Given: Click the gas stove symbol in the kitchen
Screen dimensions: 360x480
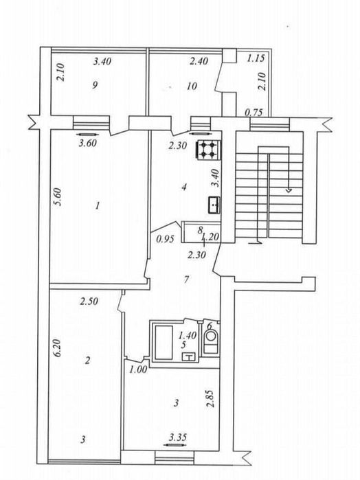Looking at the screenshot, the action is point(207,149).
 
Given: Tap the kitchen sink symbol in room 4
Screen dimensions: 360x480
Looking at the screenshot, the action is point(214,205).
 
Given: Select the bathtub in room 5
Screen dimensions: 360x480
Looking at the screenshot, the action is point(164,342).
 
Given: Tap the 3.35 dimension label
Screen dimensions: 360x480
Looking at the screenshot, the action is point(178,437).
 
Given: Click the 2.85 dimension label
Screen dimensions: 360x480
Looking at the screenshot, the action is point(210,398).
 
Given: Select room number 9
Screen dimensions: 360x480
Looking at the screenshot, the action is point(95,85).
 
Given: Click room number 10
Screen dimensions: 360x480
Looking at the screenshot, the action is point(192,86).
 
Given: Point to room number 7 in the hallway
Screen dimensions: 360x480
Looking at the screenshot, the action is point(187,279).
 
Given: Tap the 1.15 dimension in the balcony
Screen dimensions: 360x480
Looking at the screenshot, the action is point(256,58).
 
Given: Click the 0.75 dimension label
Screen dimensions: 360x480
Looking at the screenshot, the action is point(254,113).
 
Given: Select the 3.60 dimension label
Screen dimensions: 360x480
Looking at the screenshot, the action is point(88,143).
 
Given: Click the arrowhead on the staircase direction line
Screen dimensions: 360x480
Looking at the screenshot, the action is point(289,190).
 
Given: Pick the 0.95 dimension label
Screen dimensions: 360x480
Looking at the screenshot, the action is point(165,239).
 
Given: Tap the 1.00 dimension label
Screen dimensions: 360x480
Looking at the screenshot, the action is point(138,370).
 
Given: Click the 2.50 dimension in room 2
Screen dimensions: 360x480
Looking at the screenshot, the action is point(89,301).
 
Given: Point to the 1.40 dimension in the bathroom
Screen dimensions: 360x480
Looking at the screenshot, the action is point(187,336).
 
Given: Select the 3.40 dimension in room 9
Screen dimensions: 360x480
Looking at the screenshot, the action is point(102,62).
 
